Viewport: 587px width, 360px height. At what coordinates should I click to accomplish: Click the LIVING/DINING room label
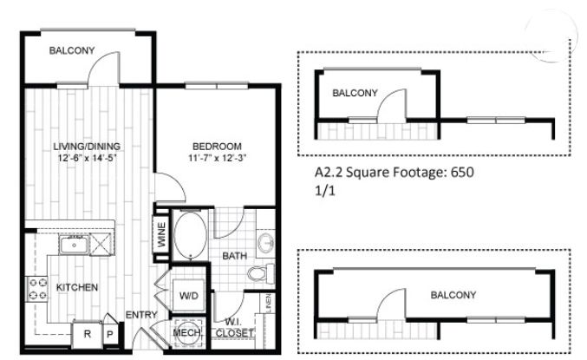[87, 146]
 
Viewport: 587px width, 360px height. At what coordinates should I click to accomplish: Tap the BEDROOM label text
[217, 146]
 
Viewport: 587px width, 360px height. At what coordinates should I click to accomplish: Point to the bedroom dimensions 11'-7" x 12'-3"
[217, 158]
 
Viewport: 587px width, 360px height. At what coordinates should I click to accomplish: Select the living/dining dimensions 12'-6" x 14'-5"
[88, 158]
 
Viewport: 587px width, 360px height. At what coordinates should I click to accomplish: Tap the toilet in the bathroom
[261, 273]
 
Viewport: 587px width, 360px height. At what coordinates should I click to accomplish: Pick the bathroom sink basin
[266, 242]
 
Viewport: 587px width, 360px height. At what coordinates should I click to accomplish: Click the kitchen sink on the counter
[74, 245]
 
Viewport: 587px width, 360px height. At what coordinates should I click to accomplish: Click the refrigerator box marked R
[88, 334]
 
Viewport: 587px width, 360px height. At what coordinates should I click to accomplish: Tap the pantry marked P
[110, 334]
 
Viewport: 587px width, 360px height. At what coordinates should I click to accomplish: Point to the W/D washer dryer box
[188, 295]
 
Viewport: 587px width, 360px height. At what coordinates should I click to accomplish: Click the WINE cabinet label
[162, 235]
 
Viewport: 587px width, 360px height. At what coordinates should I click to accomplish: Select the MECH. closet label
[186, 332]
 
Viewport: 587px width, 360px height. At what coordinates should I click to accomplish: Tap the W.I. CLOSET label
[234, 327]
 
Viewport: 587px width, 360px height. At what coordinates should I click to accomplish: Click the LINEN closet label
[268, 304]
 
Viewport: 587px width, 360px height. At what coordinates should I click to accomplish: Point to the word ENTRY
[141, 315]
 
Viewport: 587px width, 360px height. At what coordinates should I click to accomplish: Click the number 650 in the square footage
[462, 173]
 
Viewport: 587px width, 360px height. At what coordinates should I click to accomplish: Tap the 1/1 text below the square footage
[325, 191]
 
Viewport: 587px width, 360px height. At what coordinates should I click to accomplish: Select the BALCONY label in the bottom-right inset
[453, 295]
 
